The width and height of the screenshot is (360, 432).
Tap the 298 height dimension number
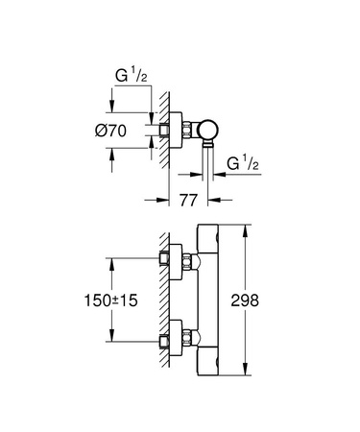pos(275,300)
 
